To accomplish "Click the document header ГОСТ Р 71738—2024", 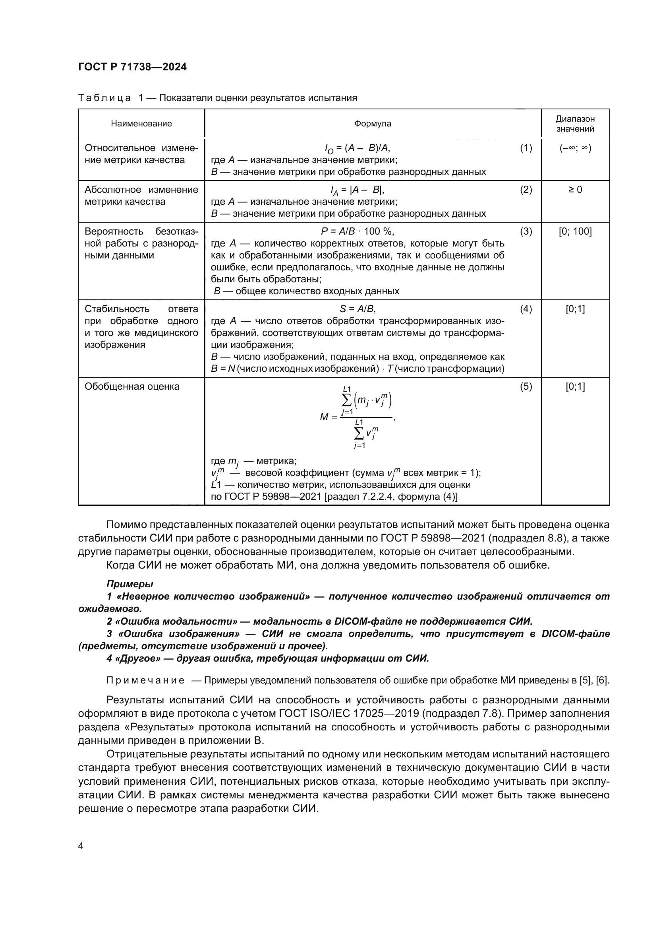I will [x=132, y=67].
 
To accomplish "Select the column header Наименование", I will [x=141, y=124].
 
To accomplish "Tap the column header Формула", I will [x=373, y=124].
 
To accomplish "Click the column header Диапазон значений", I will [x=575, y=124].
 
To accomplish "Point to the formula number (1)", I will [x=526, y=148].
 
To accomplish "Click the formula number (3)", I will [x=526, y=231].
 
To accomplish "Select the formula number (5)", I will [x=526, y=386].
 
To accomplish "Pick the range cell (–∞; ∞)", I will [x=575, y=148].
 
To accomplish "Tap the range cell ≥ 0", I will [x=575, y=190].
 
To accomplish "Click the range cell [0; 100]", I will [x=575, y=231].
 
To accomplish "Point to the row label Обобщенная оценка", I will [x=132, y=386].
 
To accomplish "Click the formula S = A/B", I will [x=357, y=309].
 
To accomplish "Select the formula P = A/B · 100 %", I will [x=357, y=231].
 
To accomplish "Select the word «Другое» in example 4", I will [x=137, y=658].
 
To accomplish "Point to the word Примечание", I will [x=145, y=680].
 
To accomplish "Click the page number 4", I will [x=81, y=846].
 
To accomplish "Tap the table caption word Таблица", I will [x=104, y=98].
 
